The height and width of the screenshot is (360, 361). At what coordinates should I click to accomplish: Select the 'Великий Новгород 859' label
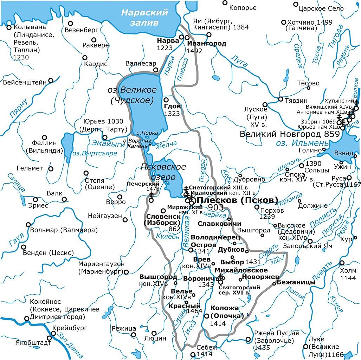pyautogui.click(x=290, y=134)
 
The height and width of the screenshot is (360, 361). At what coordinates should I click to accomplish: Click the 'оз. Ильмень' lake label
pyautogui.click(x=302, y=143)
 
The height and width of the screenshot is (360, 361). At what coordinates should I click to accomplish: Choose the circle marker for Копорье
pyautogui.click(x=225, y=3)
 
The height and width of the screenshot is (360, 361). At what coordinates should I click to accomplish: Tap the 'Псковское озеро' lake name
pyautogui.click(x=163, y=172)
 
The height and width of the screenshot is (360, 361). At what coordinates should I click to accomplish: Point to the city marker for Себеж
pyautogui.click(x=192, y=354)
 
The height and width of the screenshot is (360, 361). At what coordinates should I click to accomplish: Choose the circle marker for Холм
pyautogui.click(x=342, y=263)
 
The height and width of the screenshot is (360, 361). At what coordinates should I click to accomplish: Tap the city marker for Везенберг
pyautogui.click(x=70, y=24)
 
